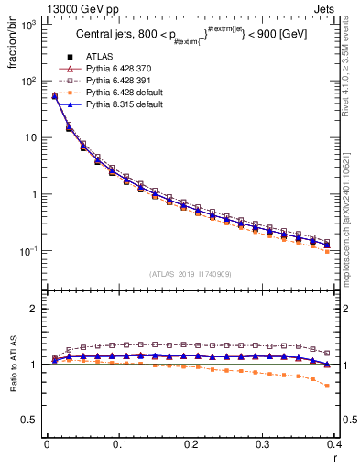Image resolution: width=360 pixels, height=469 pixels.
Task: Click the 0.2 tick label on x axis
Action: tap(191, 445)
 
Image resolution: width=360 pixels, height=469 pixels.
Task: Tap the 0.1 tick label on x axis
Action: tap(119, 445)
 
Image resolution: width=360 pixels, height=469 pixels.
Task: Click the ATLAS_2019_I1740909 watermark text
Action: tap(191, 274)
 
